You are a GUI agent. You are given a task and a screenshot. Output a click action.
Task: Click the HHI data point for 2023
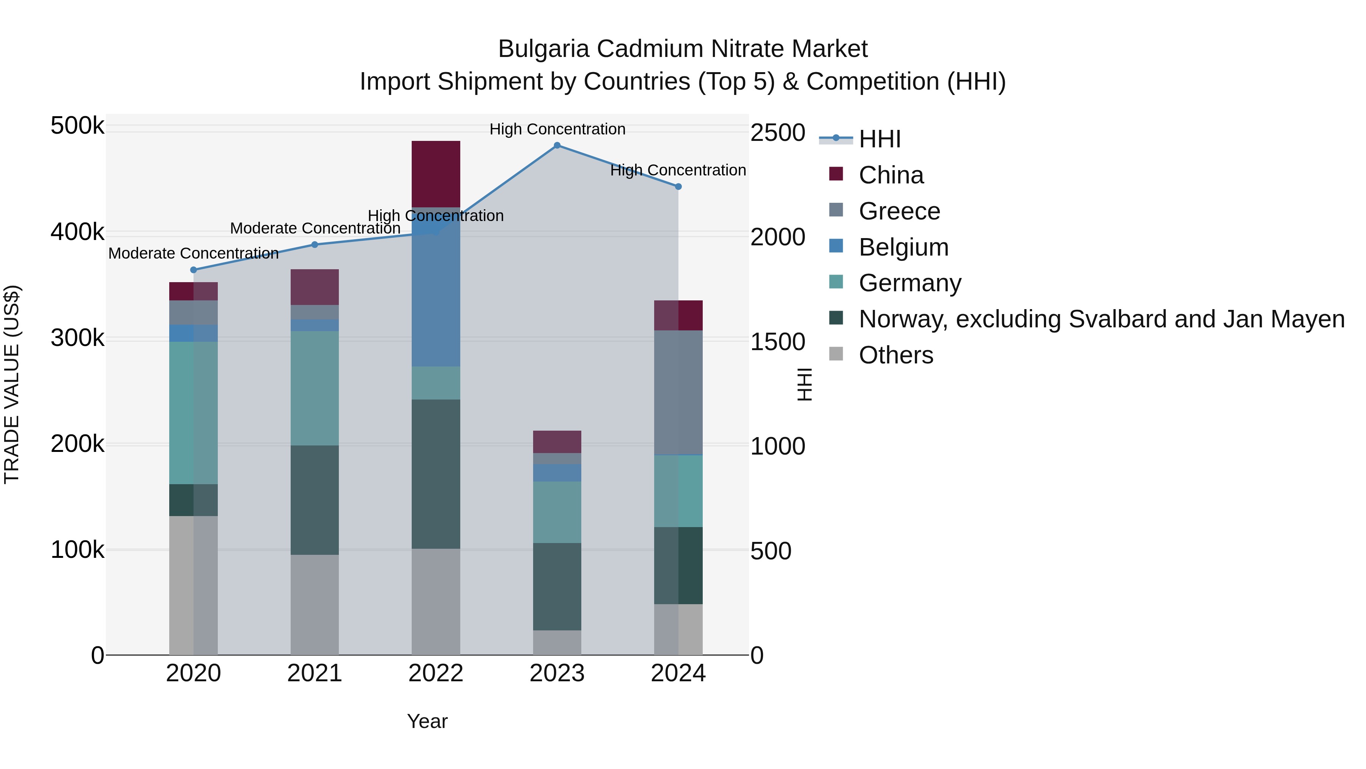click(x=557, y=145)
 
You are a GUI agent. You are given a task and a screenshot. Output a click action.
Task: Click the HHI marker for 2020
click(x=194, y=270)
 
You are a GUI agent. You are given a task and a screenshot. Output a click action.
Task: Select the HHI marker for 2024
click(x=678, y=187)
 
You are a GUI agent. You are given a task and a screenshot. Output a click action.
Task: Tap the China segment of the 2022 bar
click(x=436, y=174)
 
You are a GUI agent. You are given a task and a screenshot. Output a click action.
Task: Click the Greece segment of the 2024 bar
click(x=678, y=393)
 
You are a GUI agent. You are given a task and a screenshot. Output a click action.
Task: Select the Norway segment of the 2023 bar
click(x=557, y=586)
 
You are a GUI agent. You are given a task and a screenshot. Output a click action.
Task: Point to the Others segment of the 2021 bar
click(x=315, y=605)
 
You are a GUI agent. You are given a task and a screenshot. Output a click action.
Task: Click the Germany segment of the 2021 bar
click(x=315, y=388)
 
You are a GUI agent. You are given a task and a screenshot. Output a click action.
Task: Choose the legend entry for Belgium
click(x=903, y=247)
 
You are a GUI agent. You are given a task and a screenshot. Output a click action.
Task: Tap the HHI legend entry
click(x=879, y=139)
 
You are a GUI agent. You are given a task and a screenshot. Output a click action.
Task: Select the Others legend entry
click(x=895, y=355)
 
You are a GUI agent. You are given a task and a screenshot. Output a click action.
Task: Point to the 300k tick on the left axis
click(x=77, y=338)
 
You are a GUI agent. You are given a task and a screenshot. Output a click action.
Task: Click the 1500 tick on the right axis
click(x=777, y=342)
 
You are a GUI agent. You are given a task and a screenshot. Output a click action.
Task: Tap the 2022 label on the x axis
click(x=436, y=673)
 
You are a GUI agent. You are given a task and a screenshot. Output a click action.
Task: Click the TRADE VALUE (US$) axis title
click(x=12, y=384)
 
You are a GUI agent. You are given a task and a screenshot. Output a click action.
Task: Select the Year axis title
click(x=427, y=721)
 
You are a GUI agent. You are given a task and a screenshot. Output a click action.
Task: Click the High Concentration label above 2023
click(x=557, y=129)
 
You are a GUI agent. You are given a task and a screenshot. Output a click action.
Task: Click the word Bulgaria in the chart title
click(x=543, y=49)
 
